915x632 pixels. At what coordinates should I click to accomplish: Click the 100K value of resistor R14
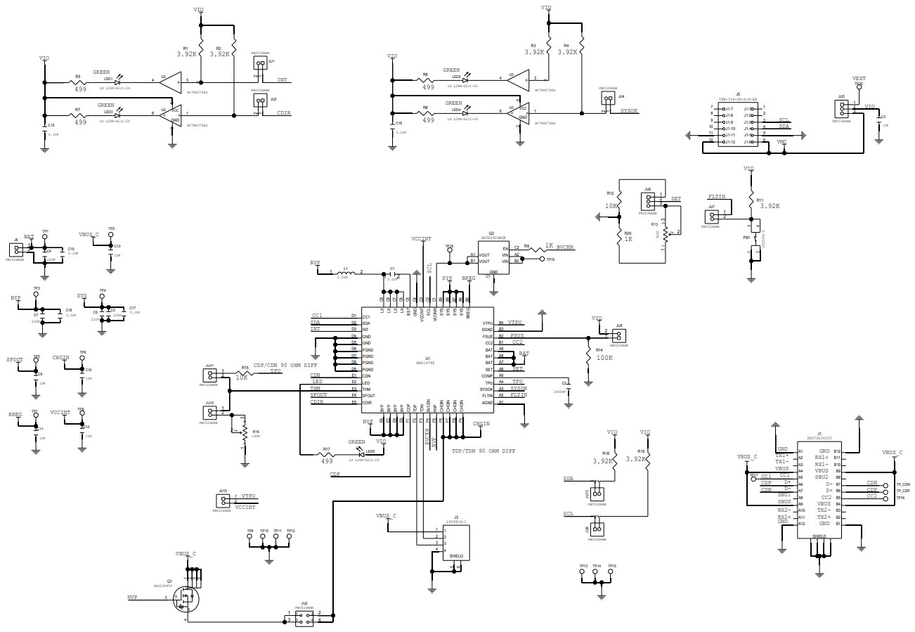click(x=604, y=358)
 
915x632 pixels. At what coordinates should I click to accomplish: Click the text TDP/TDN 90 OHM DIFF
click(x=484, y=451)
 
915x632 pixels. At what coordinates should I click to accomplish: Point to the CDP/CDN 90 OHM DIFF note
click(x=287, y=365)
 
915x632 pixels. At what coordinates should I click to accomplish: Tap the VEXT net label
click(x=858, y=79)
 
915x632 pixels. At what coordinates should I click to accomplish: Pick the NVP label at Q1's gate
click(x=132, y=597)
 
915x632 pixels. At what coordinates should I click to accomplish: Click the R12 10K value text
click(x=610, y=206)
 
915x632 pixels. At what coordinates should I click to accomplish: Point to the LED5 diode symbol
click(x=361, y=454)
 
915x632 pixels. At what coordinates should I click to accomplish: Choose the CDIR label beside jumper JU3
click(x=283, y=112)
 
